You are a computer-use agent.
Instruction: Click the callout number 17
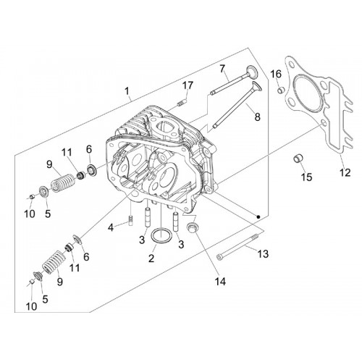point(188,85)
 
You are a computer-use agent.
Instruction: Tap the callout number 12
point(345,172)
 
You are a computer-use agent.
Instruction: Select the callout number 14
point(220,282)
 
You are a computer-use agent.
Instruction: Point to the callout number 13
point(263,253)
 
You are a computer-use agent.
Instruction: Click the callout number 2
point(151,258)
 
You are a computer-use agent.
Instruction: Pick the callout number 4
point(111,227)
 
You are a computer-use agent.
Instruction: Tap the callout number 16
point(276,74)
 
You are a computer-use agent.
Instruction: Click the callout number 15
point(307,177)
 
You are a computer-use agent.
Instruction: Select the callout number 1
point(127,91)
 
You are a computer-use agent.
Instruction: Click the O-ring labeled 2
point(161,235)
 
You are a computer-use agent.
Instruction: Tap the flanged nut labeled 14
point(193,227)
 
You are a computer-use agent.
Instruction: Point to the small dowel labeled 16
point(280,90)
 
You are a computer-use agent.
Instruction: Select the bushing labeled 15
point(298,159)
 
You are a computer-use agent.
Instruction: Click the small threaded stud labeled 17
point(182,103)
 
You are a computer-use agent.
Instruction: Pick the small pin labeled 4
point(131,221)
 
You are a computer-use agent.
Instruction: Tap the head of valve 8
point(257,87)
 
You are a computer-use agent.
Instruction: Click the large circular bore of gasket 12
point(304,90)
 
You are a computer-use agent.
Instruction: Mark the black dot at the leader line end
point(258,217)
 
